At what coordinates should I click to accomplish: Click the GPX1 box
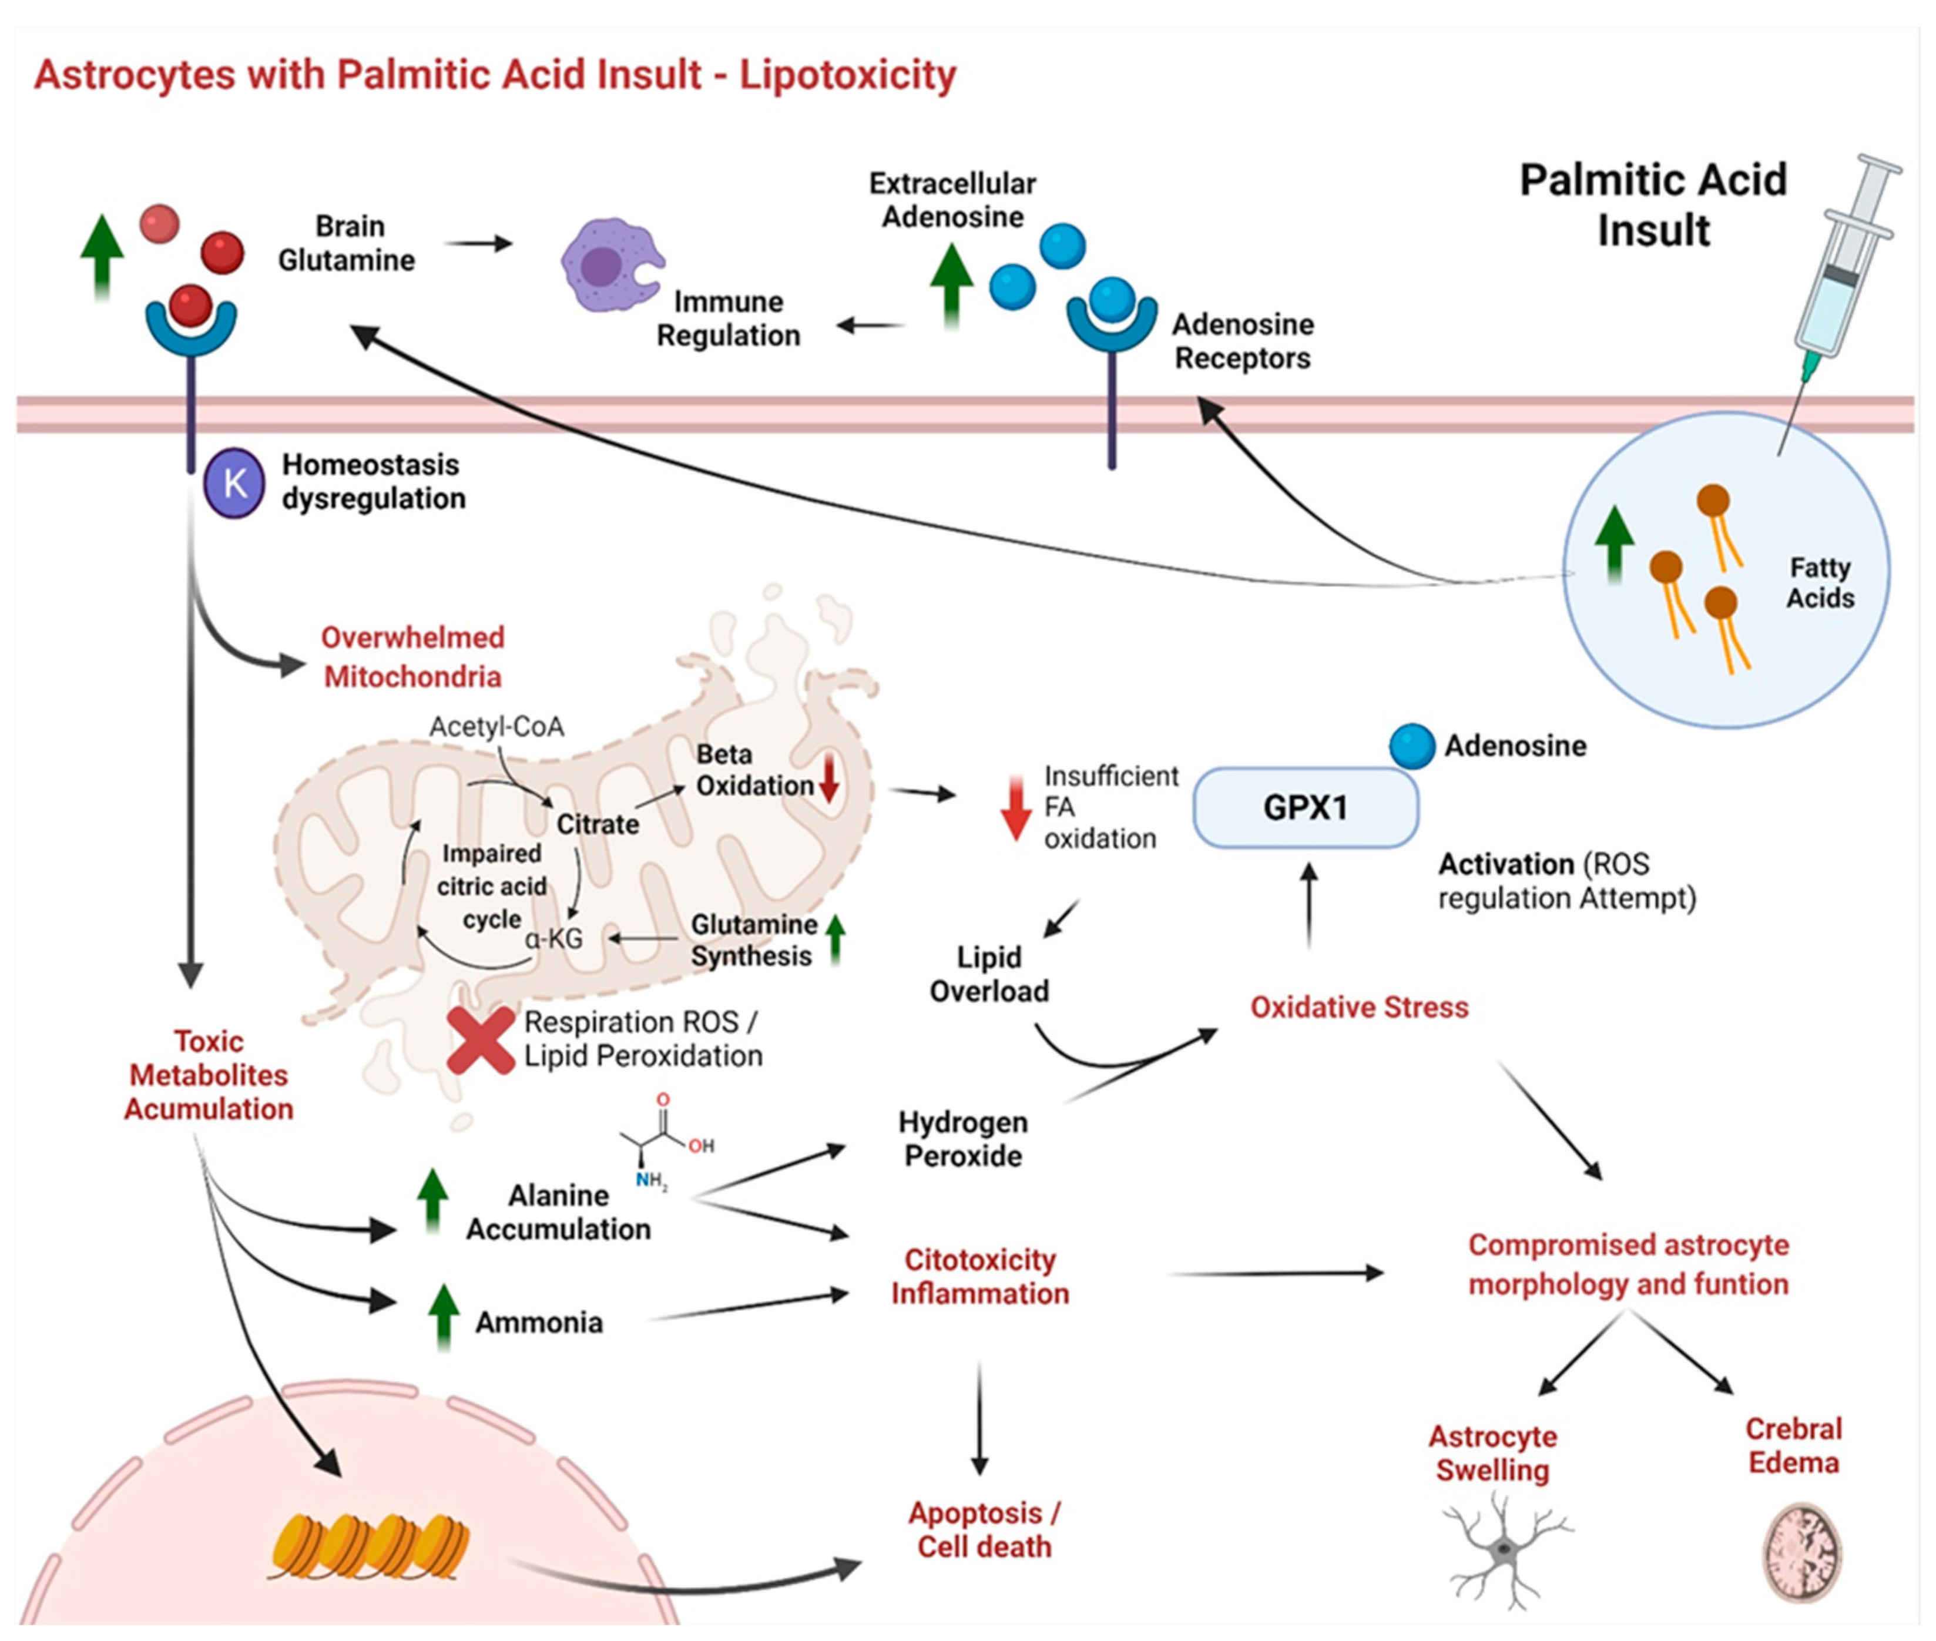pyautogui.click(x=1305, y=807)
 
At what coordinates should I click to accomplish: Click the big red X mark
pyautogui.click(x=480, y=1040)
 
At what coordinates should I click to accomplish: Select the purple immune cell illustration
pyautogui.click(x=609, y=264)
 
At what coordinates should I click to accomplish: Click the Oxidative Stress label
pyautogui.click(x=1358, y=1006)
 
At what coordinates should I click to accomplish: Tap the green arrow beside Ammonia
pyautogui.click(x=444, y=1316)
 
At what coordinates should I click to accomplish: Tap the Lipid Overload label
pyautogui.click(x=989, y=974)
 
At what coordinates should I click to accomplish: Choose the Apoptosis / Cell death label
pyautogui.click(x=984, y=1529)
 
